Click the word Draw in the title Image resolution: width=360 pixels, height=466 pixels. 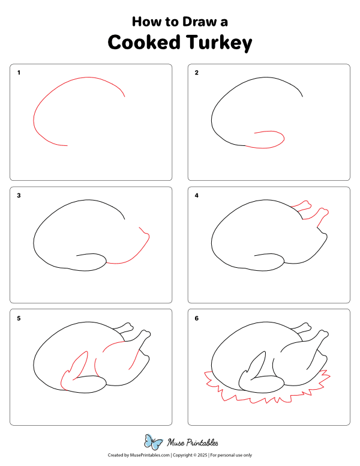coord(200,22)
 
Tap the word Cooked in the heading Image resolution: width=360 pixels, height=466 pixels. coord(144,42)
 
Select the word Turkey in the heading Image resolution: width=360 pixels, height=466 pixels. coord(219,43)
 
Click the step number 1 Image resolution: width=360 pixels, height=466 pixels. coord(19,73)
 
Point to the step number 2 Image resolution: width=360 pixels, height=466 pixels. coord(197,73)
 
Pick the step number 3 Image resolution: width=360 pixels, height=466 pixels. coord(19,196)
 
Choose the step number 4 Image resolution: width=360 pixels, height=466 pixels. coord(197,196)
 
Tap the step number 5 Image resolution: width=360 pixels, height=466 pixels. coord(19,318)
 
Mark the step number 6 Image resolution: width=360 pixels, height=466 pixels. coord(197,318)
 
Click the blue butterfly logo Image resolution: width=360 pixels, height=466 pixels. coord(153,442)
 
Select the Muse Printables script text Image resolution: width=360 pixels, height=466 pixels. coord(193,443)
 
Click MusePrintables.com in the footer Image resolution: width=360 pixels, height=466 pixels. coord(150,455)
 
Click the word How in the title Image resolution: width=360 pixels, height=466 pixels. coord(144,22)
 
